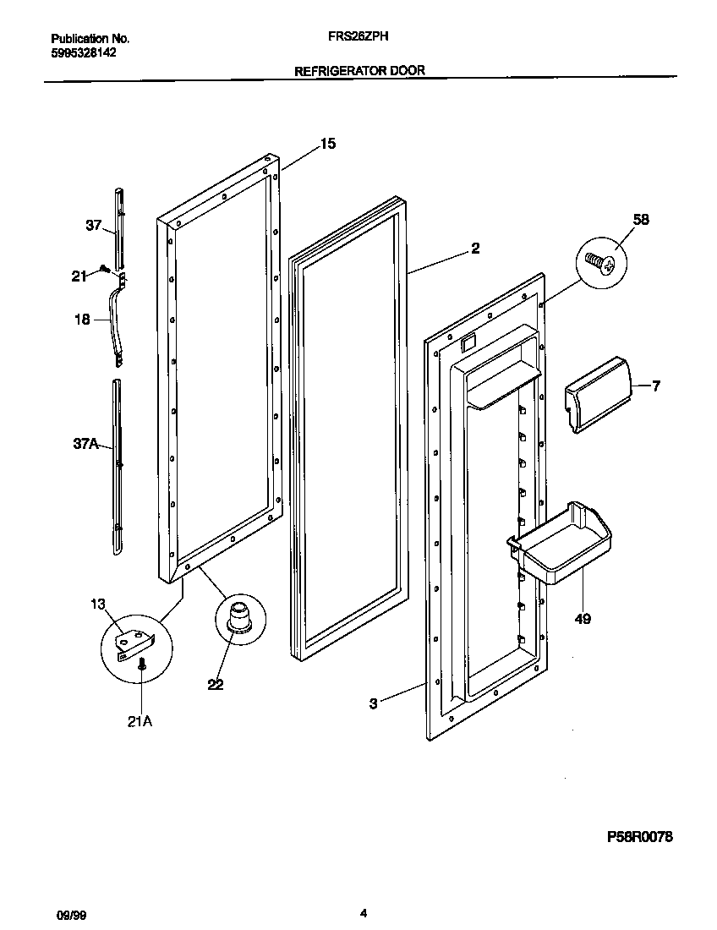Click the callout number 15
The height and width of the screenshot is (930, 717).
click(327, 144)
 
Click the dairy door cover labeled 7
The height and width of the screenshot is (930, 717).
click(598, 393)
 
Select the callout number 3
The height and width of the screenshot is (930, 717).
click(373, 701)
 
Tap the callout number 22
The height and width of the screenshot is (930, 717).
click(216, 685)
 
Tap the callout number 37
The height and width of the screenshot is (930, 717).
click(92, 226)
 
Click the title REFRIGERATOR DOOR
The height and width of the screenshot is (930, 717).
click(358, 72)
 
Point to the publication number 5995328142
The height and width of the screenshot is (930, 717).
click(84, 52)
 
